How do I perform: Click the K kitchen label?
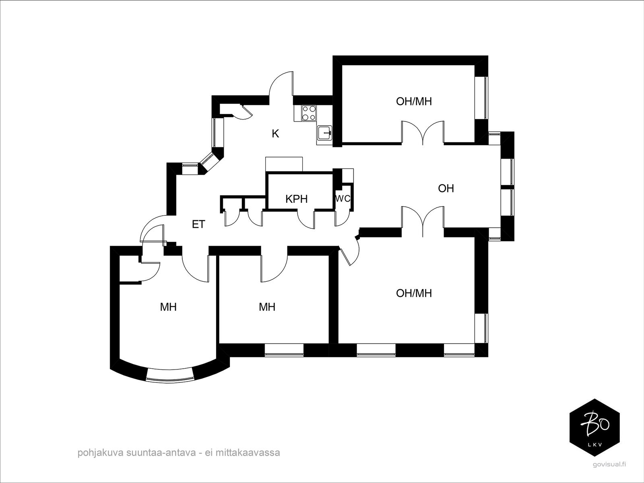click(275, 134)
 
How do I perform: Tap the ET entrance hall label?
click(198, 224)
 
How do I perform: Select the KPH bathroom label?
click(296, 199)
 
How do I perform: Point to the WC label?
click(343, 198)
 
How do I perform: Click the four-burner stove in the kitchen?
click(309, 113)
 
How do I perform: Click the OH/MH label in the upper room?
click(414, 101)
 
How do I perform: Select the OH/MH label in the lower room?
click(414, 293)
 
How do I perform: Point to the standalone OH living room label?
click(446, 188)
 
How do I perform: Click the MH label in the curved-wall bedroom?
click(168, 307)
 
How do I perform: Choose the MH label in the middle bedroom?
click(267, 307)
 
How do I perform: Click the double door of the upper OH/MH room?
click(423, 132)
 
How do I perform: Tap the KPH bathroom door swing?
click(306, 219)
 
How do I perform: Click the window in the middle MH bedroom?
click(284, 350)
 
